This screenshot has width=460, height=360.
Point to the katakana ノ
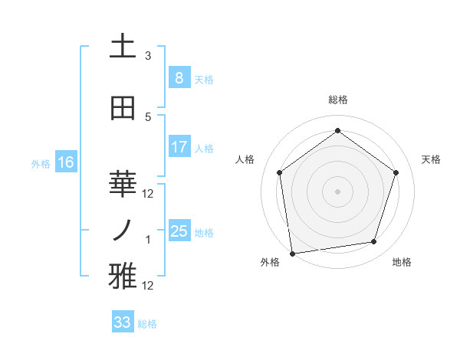(x=123, y=230)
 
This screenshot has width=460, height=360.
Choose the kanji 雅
(x=123, y=277)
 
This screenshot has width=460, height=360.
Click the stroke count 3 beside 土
(x=148, y=56)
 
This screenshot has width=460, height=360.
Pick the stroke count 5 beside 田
(x=148, y=117)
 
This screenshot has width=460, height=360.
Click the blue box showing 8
(x=179, y=77)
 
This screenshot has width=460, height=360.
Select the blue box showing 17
(x=179, y=146)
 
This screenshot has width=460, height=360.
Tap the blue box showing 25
(x=179, y=231)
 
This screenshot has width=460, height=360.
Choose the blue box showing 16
(x=66, y=162)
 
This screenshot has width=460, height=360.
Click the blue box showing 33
(x=122, y=322)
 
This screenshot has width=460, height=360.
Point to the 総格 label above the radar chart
(x=337, y=100)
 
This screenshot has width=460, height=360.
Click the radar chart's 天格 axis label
(x=431, y=159)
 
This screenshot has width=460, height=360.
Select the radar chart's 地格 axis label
(x=402, y=262)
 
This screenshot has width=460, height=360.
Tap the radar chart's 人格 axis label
(x=245, y=159)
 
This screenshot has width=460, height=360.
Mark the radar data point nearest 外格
(x=292, y=253)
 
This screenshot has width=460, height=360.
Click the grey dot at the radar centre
(x=337, y=191)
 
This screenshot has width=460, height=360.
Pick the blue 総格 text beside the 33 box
(x=147, y=324)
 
